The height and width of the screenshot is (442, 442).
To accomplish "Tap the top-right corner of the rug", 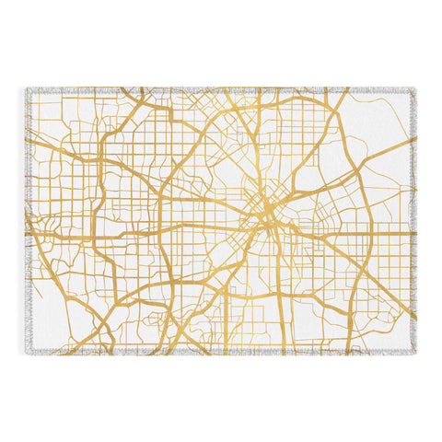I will (414, 89).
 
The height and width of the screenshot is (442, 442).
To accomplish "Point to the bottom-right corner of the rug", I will (414, 353).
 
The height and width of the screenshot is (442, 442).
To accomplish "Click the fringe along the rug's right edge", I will (416, 221).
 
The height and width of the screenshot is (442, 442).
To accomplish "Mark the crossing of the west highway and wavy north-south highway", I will (110, 237).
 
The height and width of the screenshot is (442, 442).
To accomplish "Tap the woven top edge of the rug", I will (221, 89).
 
